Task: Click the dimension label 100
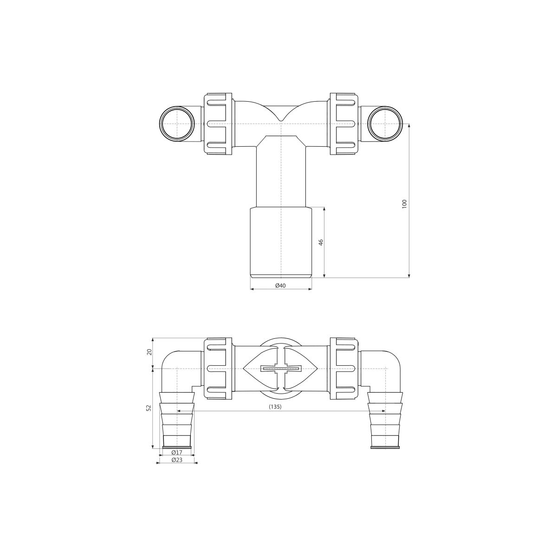[404, 203]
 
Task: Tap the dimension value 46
[321, 242]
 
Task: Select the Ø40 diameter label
[280, 285]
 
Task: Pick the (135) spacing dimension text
[275, 407]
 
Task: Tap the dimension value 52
[149, 408]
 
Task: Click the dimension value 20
[149, 352]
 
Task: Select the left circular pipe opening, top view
[176, 124]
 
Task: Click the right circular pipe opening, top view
[385, 124]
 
